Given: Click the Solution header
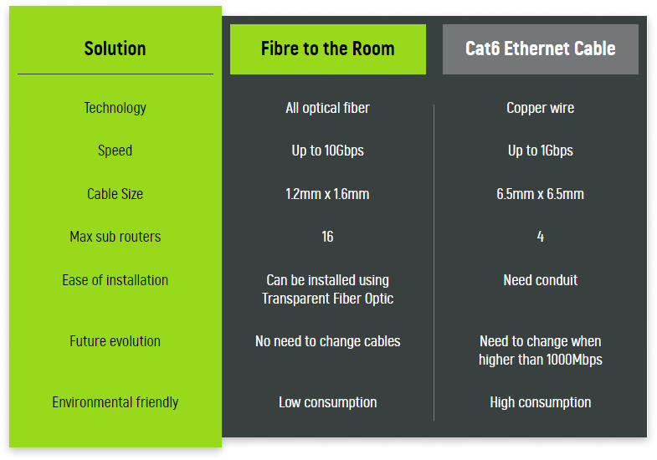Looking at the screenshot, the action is [x=115, y=49].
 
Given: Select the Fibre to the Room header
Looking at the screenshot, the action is [x=327, y=49].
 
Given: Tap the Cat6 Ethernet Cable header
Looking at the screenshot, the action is [x=541, y=49].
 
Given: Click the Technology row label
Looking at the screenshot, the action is [x=115, y=108].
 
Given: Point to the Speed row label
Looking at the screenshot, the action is [x=115, y=151].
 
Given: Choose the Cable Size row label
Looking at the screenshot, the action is [x=115, y=194].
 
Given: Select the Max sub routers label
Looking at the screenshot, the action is [x=115, y=237].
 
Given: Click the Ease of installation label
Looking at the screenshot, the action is [x=115, y=280].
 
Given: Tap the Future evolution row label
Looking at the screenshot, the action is [x=115, y=341].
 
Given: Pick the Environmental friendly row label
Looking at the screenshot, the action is [x=115, y=402].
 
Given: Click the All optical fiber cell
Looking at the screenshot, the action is [x=327, y=108].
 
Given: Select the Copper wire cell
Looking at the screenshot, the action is [x=541, y=108].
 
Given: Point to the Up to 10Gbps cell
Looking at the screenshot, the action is [x=327, y=151].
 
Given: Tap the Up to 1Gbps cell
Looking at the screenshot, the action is [x=541, y=151].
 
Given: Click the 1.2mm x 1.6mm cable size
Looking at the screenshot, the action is [x=327, y=194].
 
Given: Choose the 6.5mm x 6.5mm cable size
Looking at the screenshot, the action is [x=541, y=194].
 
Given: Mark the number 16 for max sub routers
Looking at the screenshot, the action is [x=327, y=237].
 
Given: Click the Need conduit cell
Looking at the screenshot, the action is [x=541, y=280].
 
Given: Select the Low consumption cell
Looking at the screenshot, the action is [x=327, y=402].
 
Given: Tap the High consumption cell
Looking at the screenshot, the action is [x=541, y=402].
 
